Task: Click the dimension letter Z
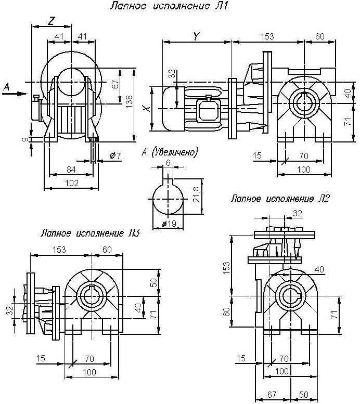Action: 51,21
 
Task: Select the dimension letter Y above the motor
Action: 197,36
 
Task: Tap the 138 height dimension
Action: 129,101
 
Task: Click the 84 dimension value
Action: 71,170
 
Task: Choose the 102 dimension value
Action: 71,183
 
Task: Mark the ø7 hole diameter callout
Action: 115,155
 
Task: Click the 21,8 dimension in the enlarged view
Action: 196,194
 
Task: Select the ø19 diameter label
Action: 169,224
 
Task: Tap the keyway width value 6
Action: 169,163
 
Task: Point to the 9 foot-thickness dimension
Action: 24,140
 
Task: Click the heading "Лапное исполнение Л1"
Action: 169,6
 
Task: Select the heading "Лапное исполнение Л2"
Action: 279,199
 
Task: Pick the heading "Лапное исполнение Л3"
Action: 90,233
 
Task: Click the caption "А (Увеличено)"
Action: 170,152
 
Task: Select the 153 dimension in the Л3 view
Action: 59,250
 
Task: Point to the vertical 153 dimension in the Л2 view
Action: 226,268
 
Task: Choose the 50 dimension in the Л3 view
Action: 153,282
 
